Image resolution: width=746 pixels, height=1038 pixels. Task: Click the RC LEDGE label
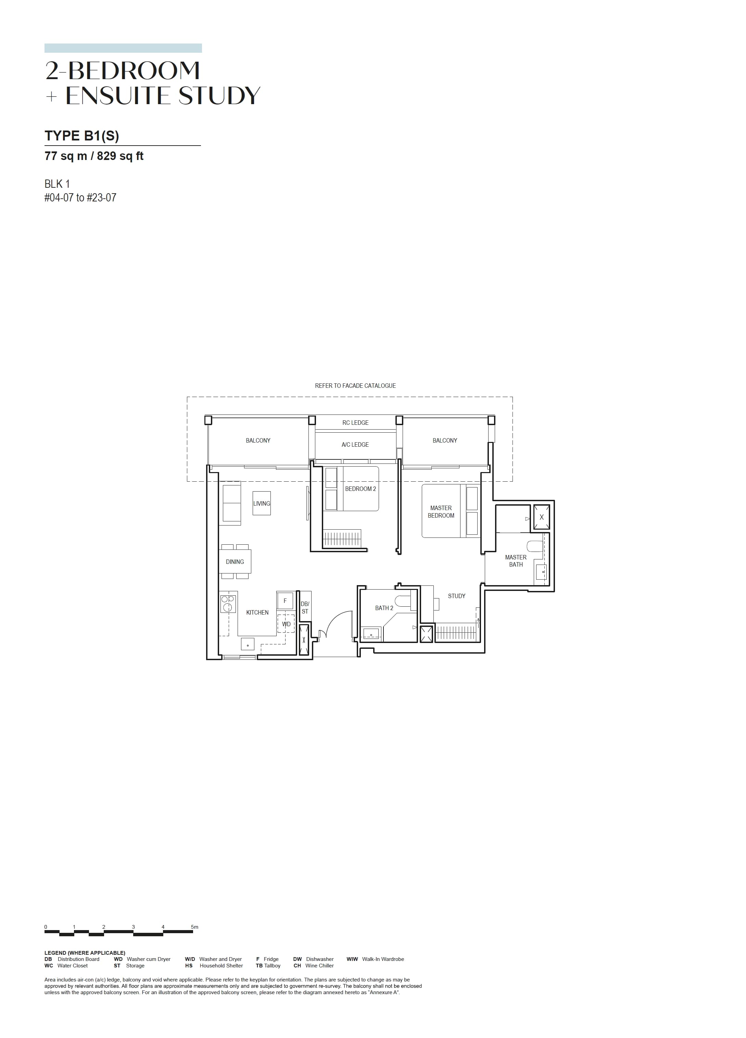click(x=355, y=422)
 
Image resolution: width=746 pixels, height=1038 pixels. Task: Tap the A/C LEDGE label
click(x=355, y=444)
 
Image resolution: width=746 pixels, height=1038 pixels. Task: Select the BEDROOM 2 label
click(x=361, y=489)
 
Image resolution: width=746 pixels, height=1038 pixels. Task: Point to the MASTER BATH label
click(x=516, y=561)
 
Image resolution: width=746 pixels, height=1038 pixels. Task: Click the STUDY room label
click(x=456, y=596)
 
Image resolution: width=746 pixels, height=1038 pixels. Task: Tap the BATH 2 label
click(x=384, y=608)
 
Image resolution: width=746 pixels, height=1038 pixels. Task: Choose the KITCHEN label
click(x=257, y=613)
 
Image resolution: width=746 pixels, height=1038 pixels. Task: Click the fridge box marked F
click(x=285, y=601)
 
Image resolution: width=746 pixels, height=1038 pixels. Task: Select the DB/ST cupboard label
click(x=305, y=607)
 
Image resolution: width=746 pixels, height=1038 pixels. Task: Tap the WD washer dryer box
click(x=286, y=623)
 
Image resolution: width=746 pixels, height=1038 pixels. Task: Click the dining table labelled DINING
click(x=235, y=561)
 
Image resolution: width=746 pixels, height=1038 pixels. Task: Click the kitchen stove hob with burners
click(x=228, y=604)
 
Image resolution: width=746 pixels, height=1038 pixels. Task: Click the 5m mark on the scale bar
click(x=195, y=927)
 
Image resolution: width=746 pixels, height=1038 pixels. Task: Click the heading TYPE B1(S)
click(x=82, y=136)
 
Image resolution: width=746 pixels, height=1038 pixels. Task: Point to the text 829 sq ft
click(x=120, y=156)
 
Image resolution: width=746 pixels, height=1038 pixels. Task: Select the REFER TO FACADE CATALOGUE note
click(x=355, y=385)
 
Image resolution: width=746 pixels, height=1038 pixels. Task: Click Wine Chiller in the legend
click(x=320, y=965)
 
